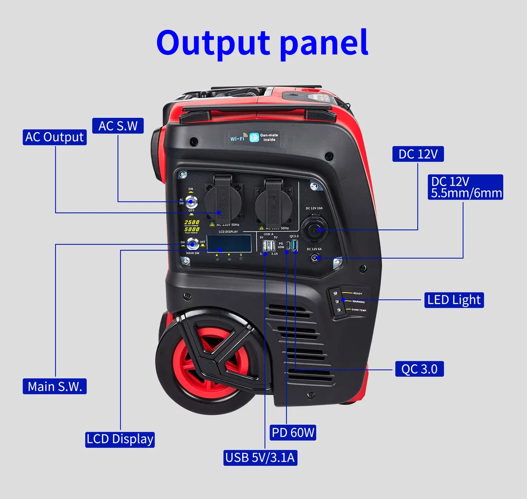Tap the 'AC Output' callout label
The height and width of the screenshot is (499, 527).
click(55, 137)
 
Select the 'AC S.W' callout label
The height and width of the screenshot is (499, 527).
click(118, 125)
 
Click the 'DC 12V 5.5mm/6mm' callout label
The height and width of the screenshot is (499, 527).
click(465, 187)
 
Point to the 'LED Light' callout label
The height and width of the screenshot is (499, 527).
click(454, 299)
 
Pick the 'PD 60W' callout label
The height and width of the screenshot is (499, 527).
click(293, 432)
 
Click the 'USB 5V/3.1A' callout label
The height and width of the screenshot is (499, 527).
click(261, 457)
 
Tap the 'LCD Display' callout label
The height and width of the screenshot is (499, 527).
click(120, 439)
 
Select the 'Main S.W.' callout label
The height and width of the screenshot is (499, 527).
click(55, 386)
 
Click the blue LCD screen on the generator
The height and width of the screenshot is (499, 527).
click(229, 243)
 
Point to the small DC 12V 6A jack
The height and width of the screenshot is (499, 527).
click(314, 258)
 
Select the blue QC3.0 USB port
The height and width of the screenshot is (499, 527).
click(295, 245)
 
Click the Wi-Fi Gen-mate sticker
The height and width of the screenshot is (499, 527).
click(254, 137)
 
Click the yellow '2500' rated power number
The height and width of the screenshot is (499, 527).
click(192, 222)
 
